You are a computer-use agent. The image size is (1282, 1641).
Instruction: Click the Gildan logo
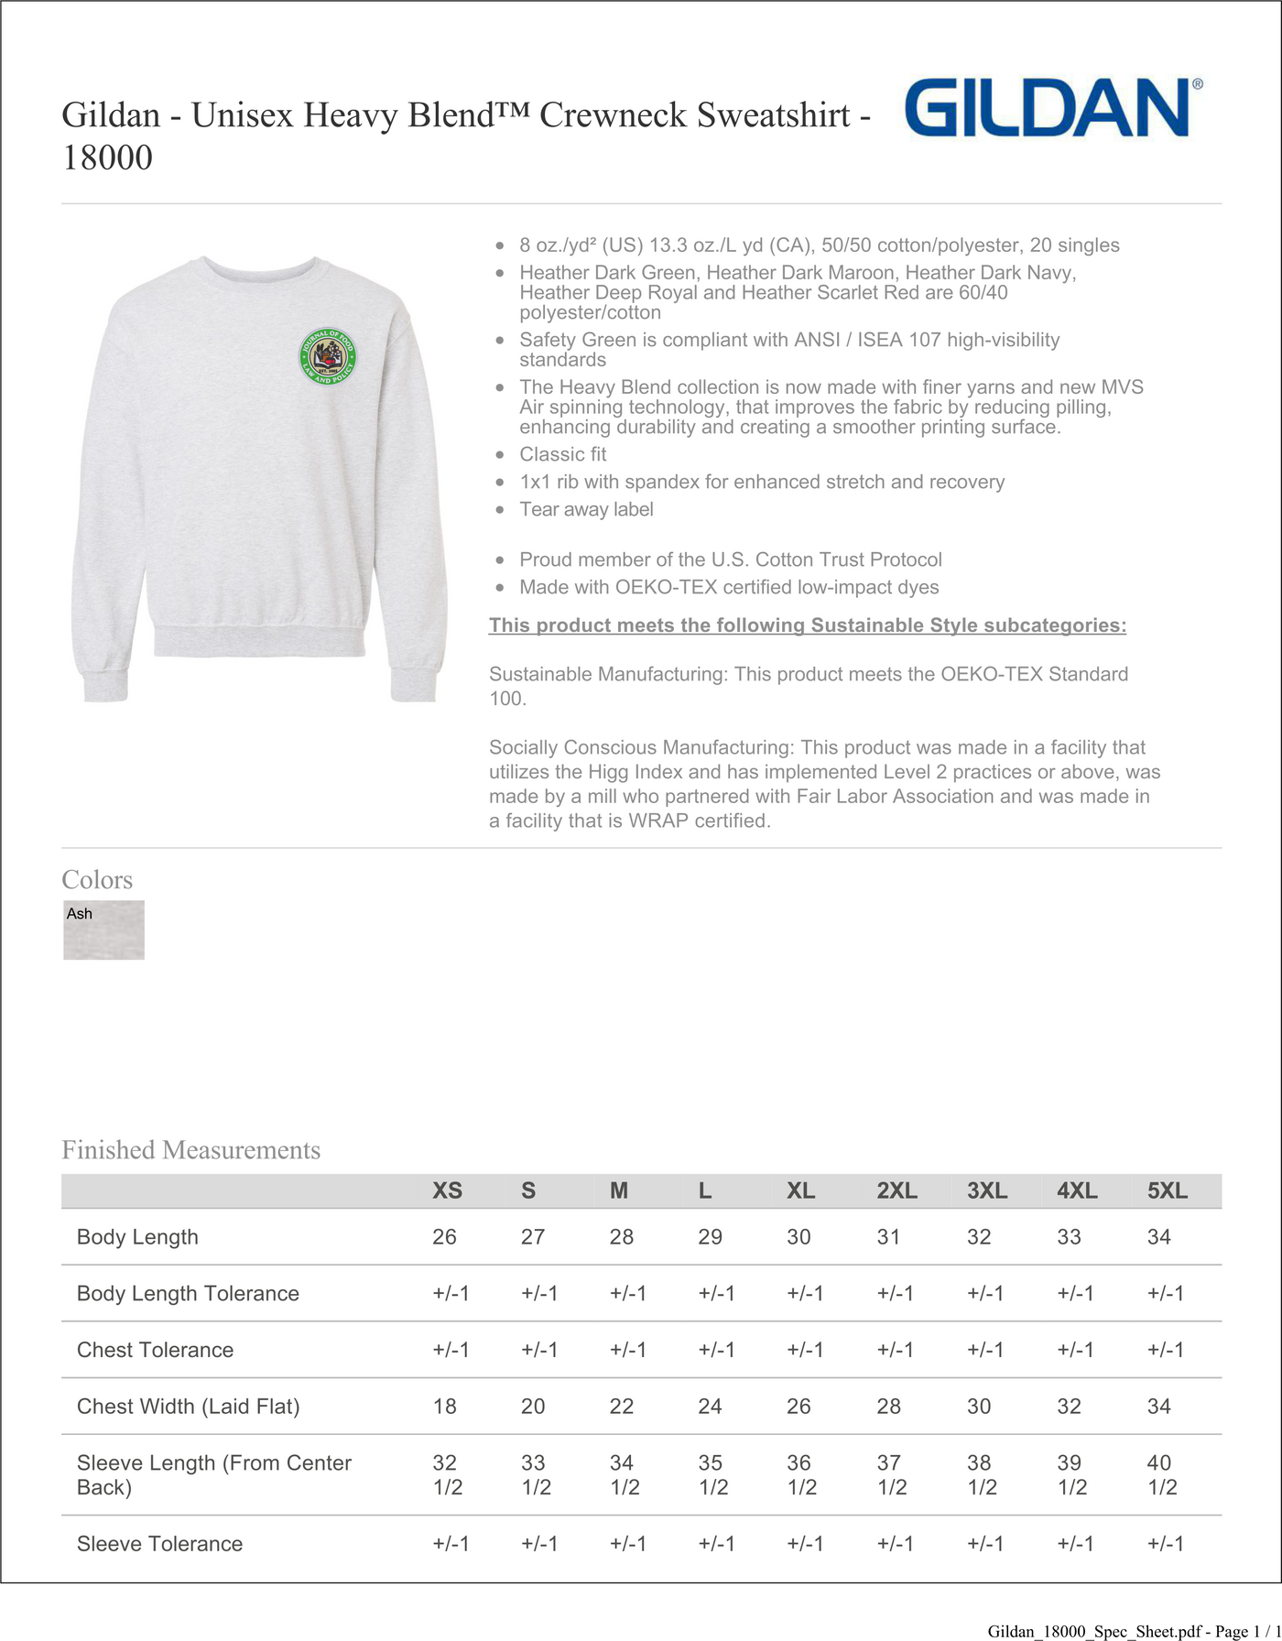click(x=1051, y=108)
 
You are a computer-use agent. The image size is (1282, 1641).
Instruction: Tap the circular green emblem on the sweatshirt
click(x=328, y=356)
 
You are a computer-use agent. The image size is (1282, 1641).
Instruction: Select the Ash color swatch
click(x=103, y=929)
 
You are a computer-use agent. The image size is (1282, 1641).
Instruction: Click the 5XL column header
click(x=1167, y=1190)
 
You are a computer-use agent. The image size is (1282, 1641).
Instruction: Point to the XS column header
click(x=447, y=1190)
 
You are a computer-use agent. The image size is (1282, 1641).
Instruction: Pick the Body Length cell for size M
click(x=622, y=1237)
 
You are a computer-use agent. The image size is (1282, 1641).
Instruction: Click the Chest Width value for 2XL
click(x=888, y=1407)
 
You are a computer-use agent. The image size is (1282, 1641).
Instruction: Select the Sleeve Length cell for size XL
click(x=801, y=1474)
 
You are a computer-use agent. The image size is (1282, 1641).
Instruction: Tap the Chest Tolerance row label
click(x=155, y=1350)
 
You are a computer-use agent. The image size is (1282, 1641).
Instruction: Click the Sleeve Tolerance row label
click(x=159, y=1544)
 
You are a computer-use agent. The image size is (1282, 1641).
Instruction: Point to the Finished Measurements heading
click(x=190, y=1150)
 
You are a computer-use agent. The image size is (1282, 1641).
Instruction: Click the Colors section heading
click(x=97, y=880)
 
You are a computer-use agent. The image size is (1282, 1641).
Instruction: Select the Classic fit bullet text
click(x=562, y=454)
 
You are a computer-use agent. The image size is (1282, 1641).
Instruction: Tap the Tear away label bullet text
click(x=586, y=509)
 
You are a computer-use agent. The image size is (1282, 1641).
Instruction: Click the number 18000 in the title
click(x=107, y=158)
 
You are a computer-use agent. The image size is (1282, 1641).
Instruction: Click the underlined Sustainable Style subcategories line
click(x=807, y=625)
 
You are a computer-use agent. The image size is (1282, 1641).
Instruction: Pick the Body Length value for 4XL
click(x=1069, y=1237)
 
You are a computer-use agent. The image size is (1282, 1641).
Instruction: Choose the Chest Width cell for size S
click(x=533, y=1407)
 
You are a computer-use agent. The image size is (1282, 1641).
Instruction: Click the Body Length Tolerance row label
click(x=188, y=1294)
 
